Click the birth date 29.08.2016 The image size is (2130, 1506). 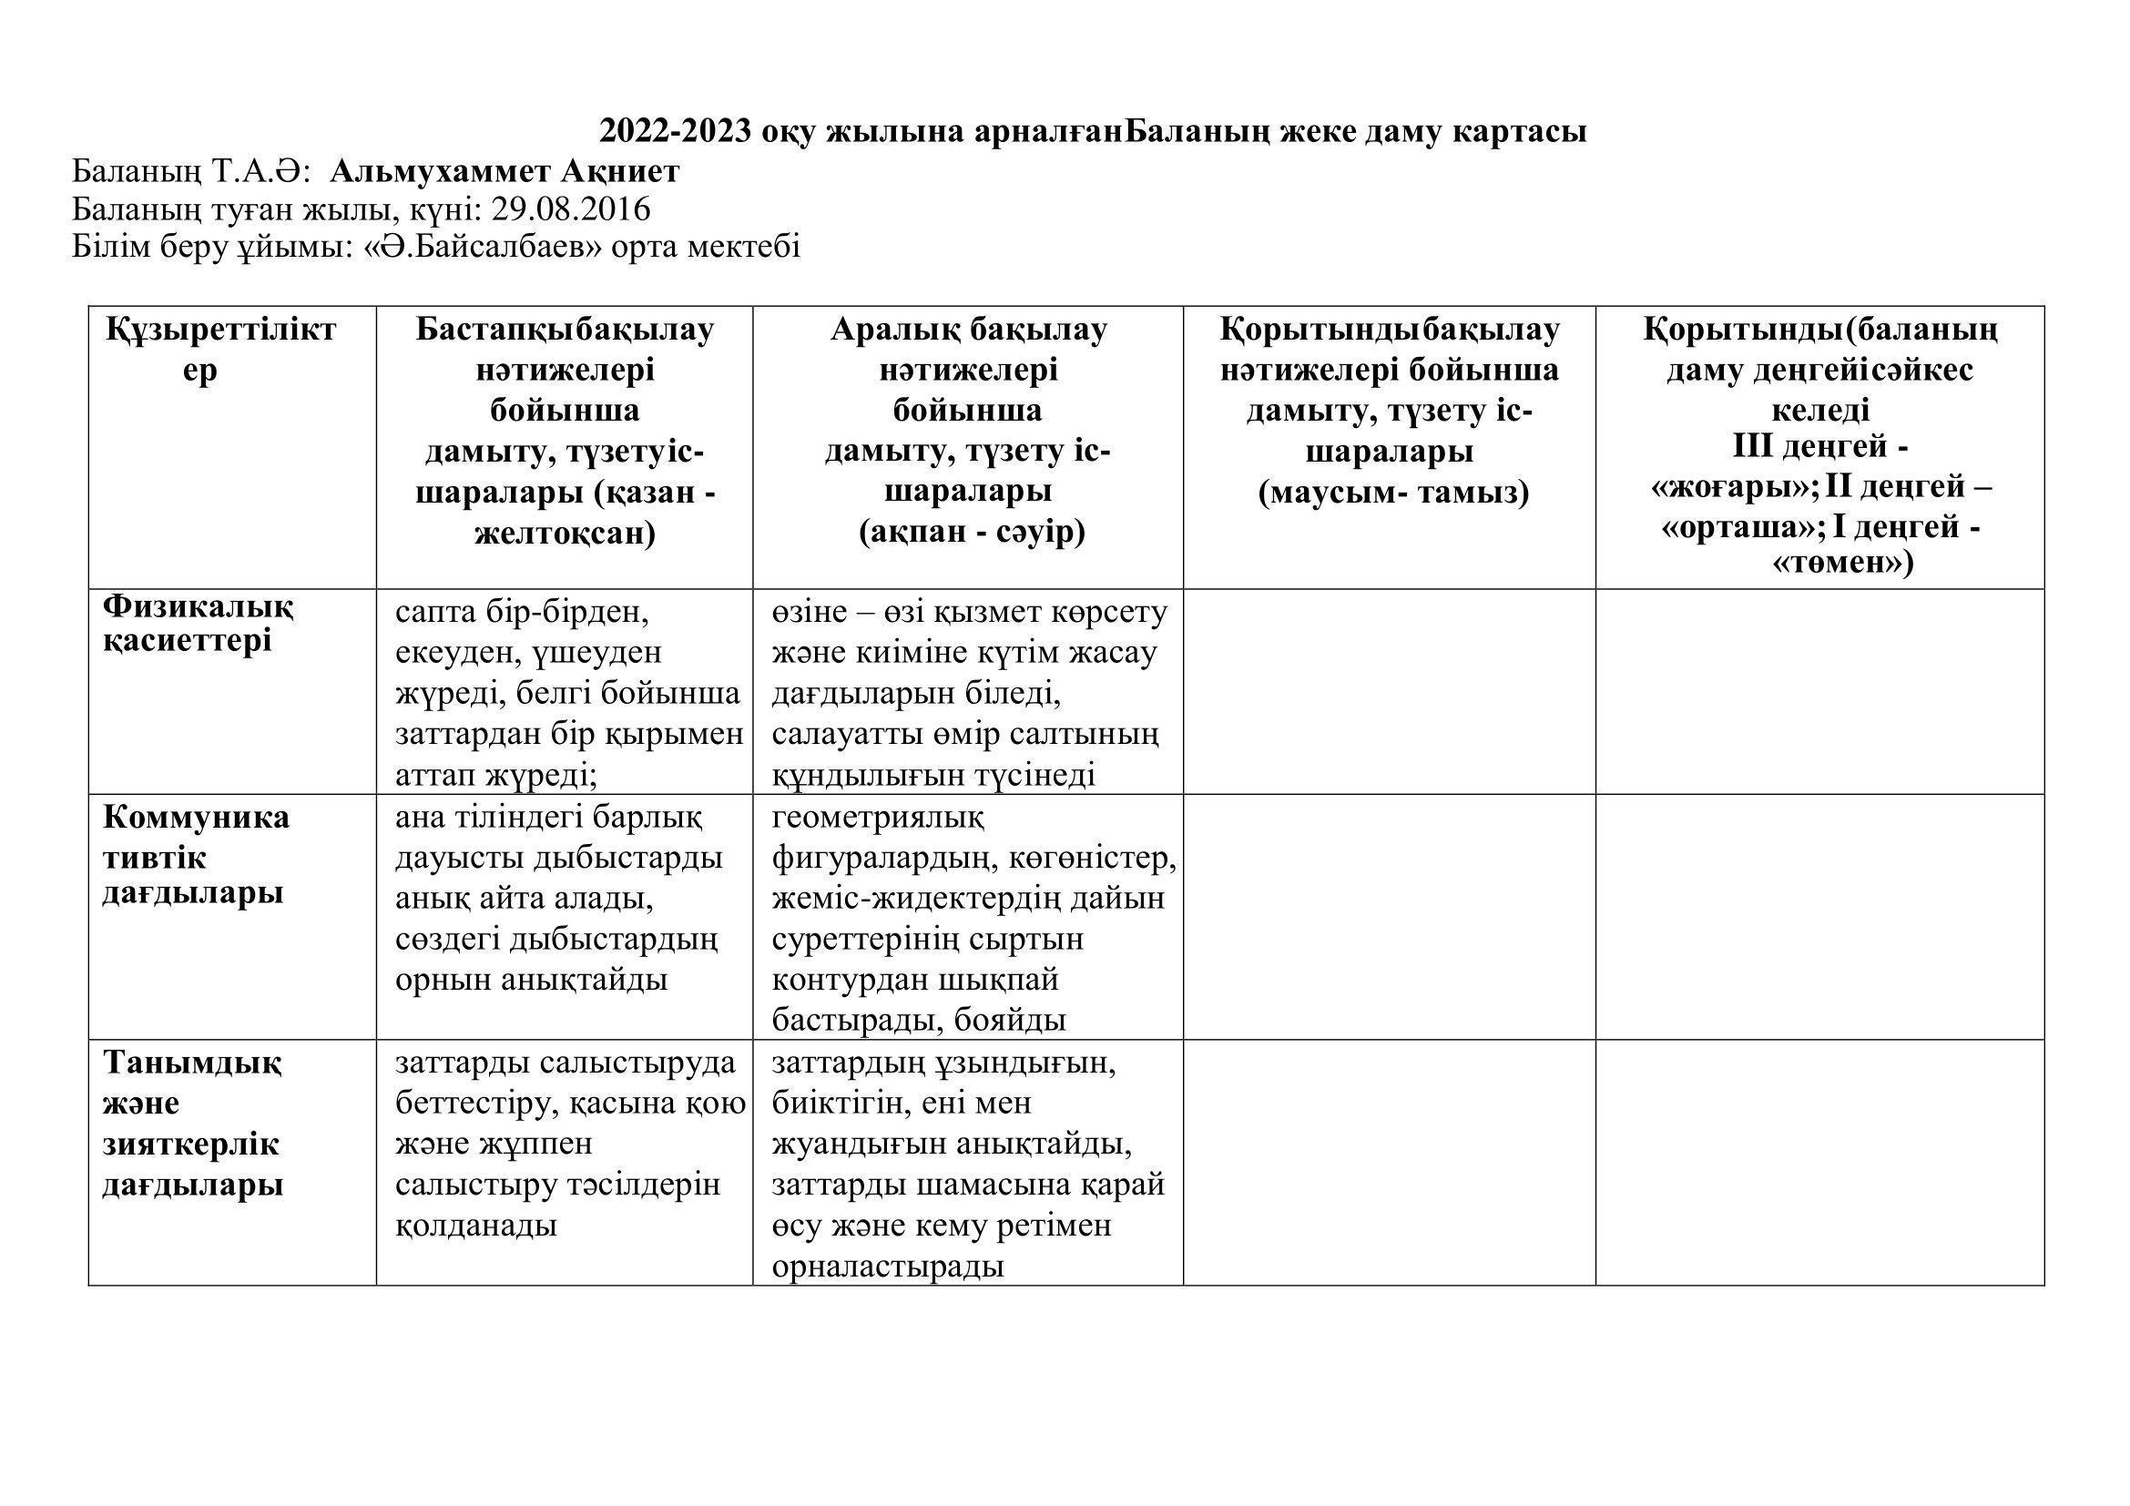(571, 209)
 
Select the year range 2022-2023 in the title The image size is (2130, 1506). (676, 132)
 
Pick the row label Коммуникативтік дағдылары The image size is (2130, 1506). (196, 854)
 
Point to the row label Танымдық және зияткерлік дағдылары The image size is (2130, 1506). (192, 1123)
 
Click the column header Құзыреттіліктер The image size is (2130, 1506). (219, 349)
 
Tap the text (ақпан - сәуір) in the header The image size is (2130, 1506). (972, 533)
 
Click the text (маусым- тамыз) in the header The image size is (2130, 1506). (1393, 493)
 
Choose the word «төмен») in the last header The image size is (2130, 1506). (1842, 563)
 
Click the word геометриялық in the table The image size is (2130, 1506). (878, 818)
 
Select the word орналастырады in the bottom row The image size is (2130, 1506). (888, 1267)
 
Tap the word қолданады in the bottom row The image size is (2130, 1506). (476, 1226)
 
